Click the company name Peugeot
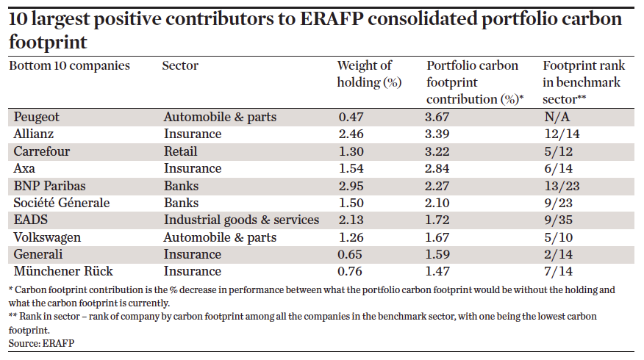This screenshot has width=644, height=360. click(37, 117)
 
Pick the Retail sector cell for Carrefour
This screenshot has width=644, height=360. click(180, 151)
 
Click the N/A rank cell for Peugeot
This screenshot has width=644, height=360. click(554, 117)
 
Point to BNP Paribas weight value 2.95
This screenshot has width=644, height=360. click(351, 185)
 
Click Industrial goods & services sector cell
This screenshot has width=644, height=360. click(241, 220)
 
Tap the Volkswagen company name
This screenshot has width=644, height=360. click(46, 237)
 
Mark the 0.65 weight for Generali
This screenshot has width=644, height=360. click(351, 254)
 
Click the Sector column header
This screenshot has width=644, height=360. click(180, 66)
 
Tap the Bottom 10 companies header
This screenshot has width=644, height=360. click(69, 66)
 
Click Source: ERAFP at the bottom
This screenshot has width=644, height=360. click(41, 343)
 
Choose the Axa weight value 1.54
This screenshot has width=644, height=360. click(351, 168)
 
